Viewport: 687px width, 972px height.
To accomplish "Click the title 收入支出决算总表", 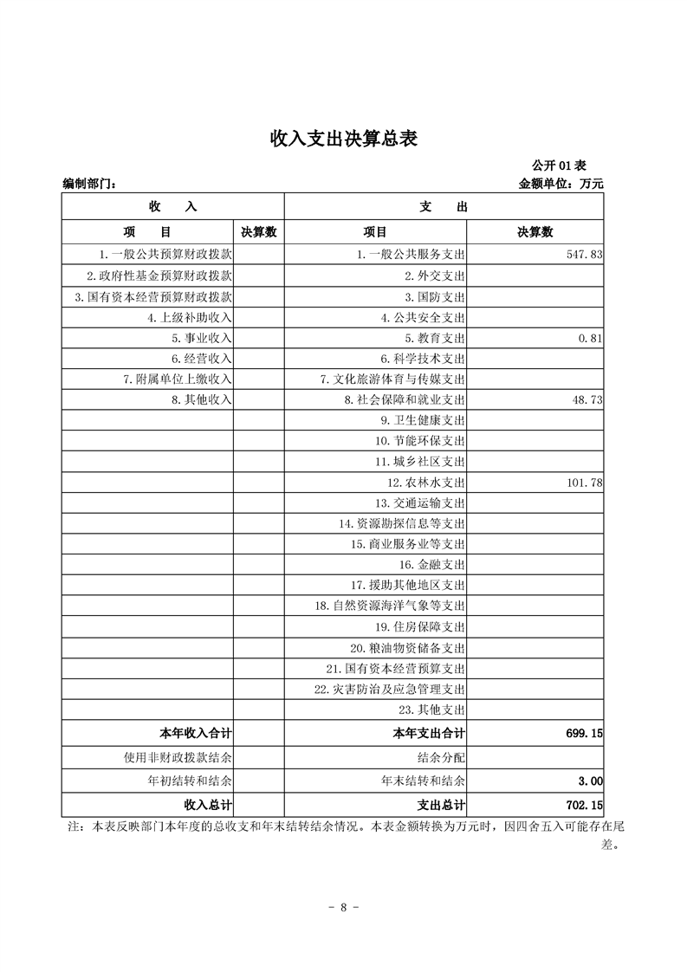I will (x=344, y=139).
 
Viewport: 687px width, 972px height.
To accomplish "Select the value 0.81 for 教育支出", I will (x=590, y=338).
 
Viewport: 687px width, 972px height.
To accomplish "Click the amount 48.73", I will (x=586, y=400).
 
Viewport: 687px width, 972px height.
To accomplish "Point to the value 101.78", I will (x=584, y=483).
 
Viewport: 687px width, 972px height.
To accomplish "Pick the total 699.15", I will (x=583, y=733).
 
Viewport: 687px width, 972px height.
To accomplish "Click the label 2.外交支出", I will (x=435, y=275).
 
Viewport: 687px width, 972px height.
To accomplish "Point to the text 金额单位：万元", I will (x=561, y=184).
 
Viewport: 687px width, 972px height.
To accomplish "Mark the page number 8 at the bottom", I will (x=343, y=908).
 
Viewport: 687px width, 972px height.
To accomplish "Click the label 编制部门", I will (x=89, y=184).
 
